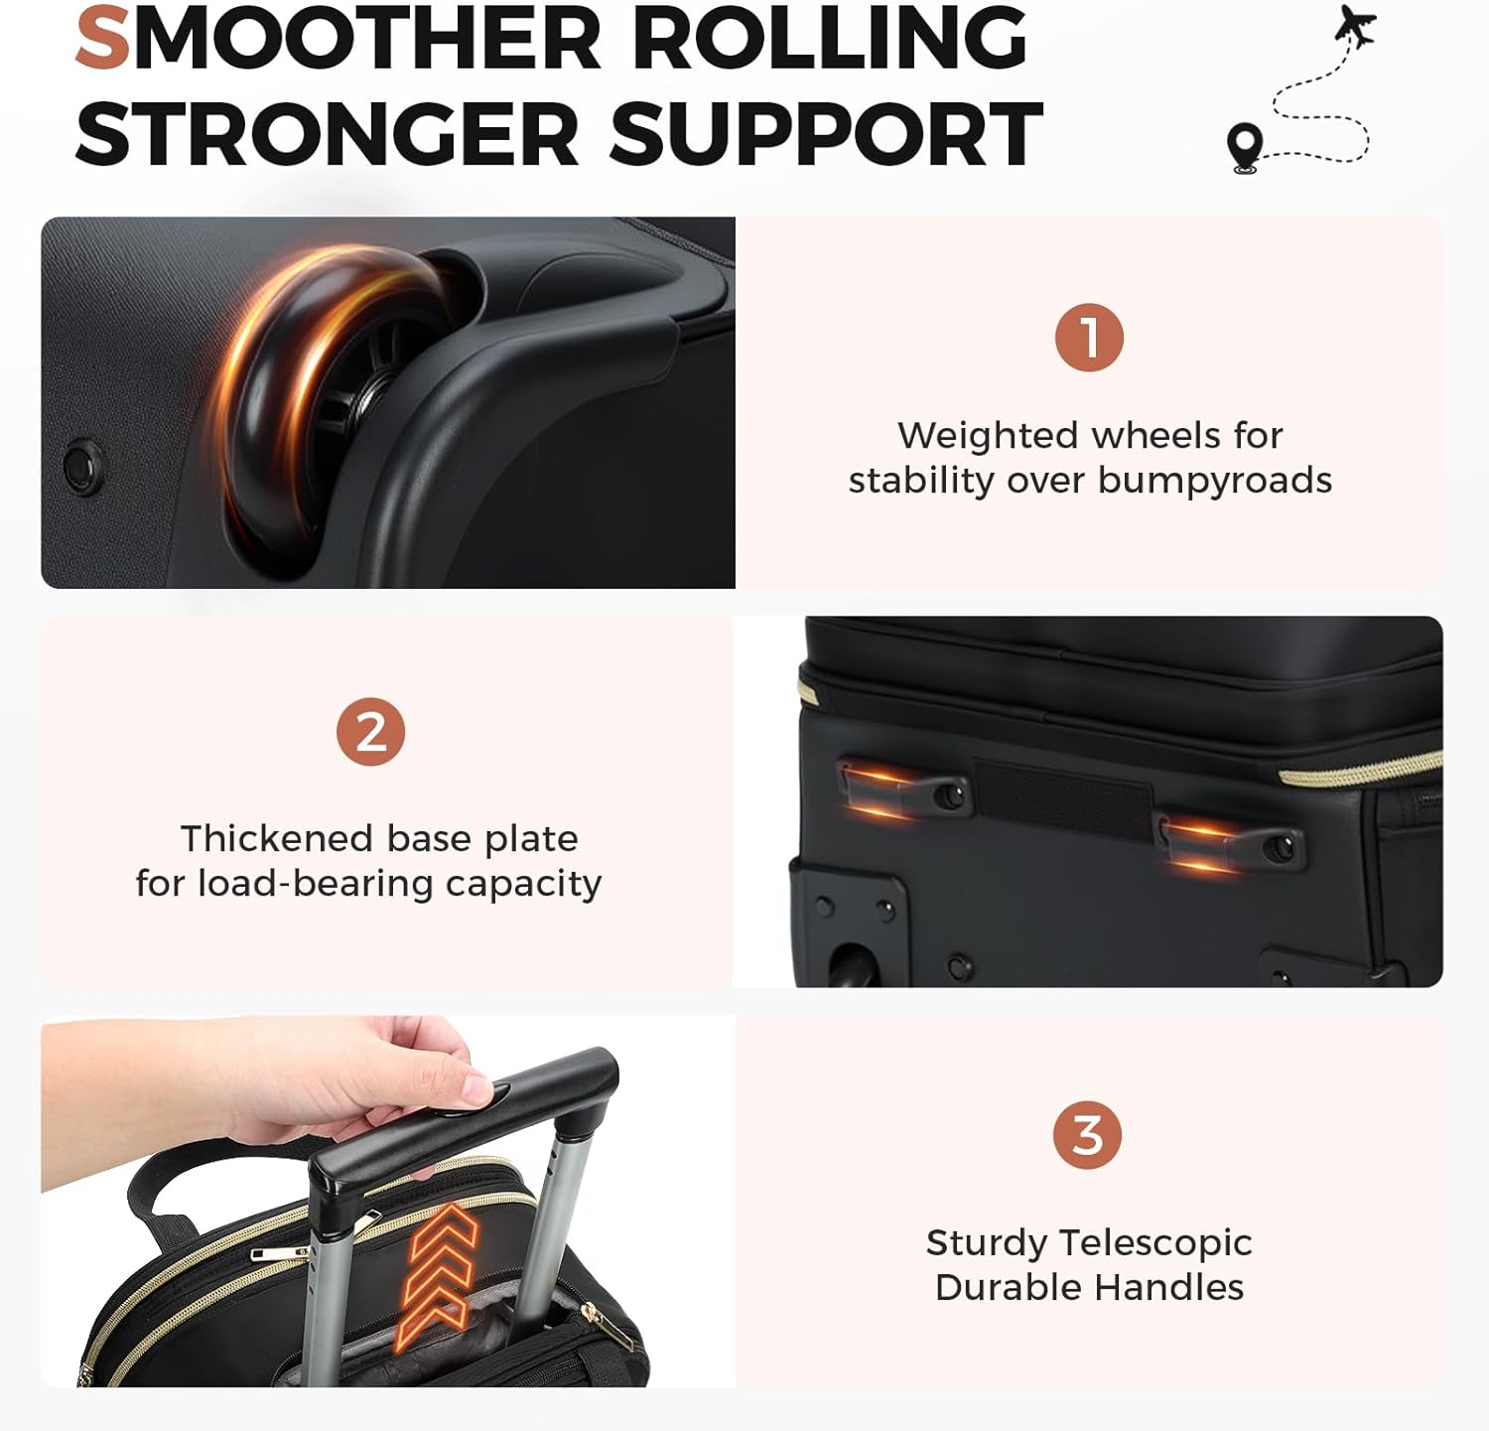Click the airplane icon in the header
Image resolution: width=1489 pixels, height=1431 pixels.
point(1356,26)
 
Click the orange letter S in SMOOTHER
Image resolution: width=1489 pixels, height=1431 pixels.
point(103,39)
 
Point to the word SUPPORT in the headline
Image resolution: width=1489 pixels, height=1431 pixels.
point(825,134)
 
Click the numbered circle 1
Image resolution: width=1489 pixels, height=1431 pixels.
point(1089,338)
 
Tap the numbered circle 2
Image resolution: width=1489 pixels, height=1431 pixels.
point(370,732)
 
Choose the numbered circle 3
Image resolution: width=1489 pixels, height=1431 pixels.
point(1087,1135)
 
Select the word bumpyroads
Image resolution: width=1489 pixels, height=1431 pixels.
point(1215,481)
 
